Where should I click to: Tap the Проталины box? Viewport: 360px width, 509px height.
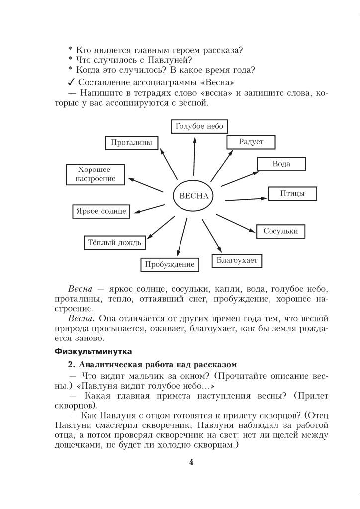pos(131,143)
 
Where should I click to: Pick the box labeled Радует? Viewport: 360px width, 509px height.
pos(251,142)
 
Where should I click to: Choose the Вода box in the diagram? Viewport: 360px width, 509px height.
pos(281,164)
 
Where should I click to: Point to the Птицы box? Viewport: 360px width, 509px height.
pos(292,193)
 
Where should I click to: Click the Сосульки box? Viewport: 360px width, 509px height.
pos(280,231)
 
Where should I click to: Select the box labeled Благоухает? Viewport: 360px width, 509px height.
pos(237,260)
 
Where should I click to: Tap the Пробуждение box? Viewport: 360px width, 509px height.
pos(170,264)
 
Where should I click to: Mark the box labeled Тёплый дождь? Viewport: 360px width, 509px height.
pos(114,243)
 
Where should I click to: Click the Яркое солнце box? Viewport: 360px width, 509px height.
pos(101,211)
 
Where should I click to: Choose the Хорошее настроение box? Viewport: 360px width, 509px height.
pos(96,174)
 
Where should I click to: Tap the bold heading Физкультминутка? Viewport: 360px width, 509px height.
pos(92,351)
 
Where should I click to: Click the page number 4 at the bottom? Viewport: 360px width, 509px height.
pos(191,462)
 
